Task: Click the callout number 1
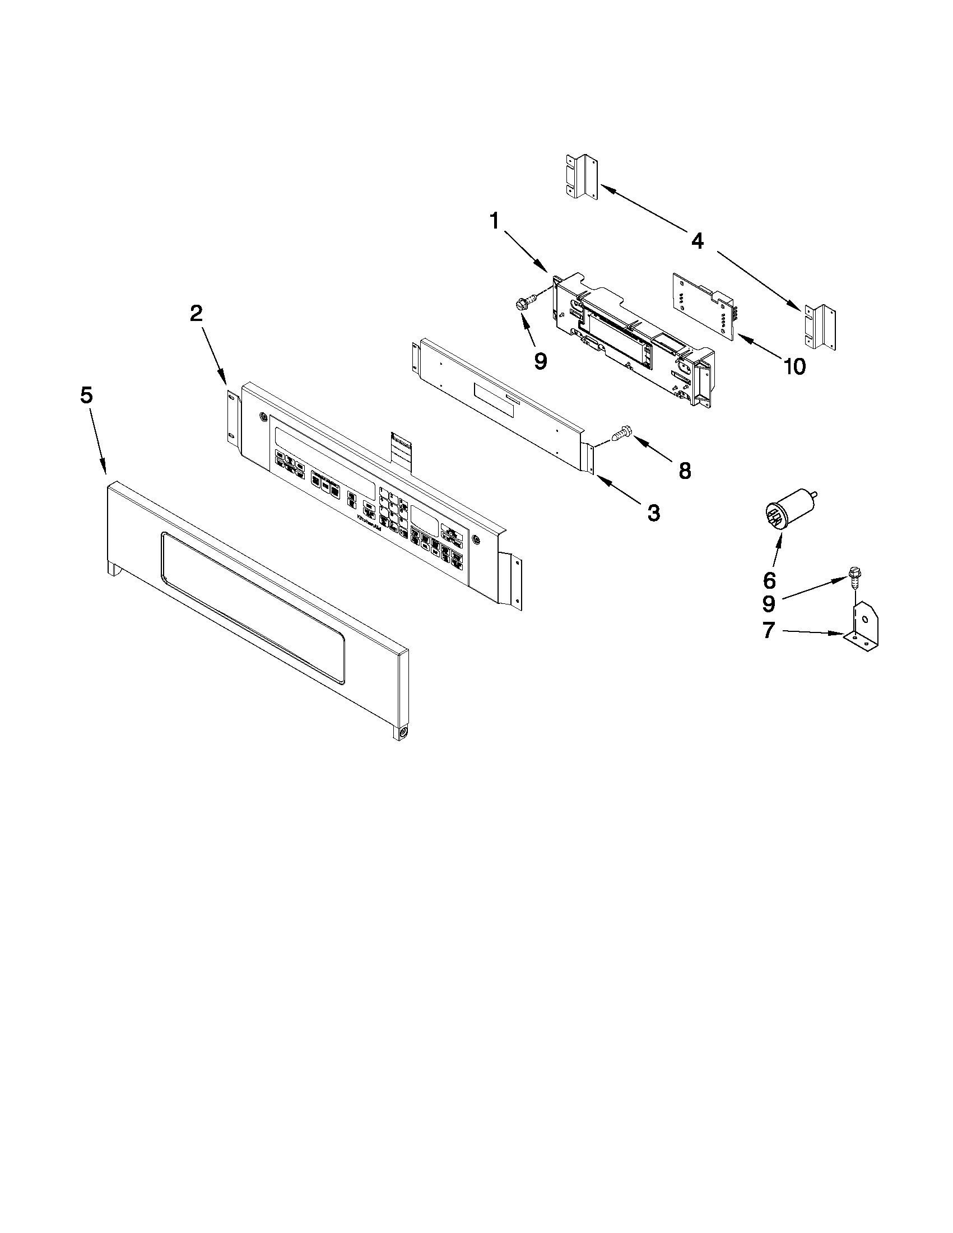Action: [494, 221]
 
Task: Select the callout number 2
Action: [196, 313]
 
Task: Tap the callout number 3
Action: [653, 513]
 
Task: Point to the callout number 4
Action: [698, 241]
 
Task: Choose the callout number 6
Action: [769, 579]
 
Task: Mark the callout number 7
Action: [769, 630]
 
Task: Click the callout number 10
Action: [794, 367]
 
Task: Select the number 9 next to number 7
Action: [769, 604]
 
